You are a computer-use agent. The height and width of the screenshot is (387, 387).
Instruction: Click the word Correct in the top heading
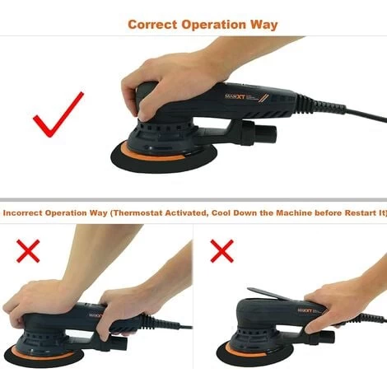[x=153, y=24]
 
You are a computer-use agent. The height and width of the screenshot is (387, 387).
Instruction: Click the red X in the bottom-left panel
[x=27, y=250]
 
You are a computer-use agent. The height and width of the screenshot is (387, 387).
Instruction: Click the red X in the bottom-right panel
[x=221, y=250]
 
